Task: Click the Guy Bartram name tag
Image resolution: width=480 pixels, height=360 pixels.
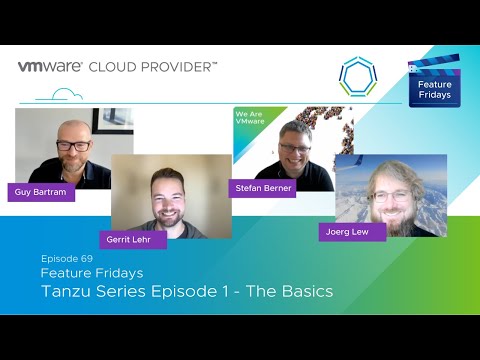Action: (41, 192)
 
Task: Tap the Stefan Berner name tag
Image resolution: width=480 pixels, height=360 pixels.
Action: (263, 188)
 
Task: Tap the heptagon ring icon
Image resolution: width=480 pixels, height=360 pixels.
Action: (356, 75)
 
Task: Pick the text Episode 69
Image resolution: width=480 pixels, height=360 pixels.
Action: (66, 257)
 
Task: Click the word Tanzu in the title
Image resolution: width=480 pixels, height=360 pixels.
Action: (70, 291)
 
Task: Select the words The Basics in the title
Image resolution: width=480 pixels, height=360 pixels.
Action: (289, 291)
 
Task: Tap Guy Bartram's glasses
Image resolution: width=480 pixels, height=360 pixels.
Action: (73, 146)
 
